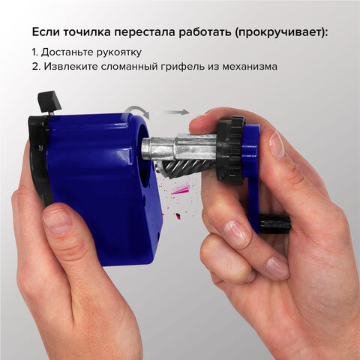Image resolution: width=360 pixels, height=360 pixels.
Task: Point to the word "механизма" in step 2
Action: [x=247, y=66]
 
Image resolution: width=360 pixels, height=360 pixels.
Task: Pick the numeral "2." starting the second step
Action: [x=36, y=66]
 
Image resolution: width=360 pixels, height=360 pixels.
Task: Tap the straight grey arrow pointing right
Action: [x=175, y=112]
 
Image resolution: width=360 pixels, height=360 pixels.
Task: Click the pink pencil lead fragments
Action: [x=181, y=191]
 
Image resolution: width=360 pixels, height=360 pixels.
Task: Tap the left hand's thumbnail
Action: [x=58, y=220]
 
